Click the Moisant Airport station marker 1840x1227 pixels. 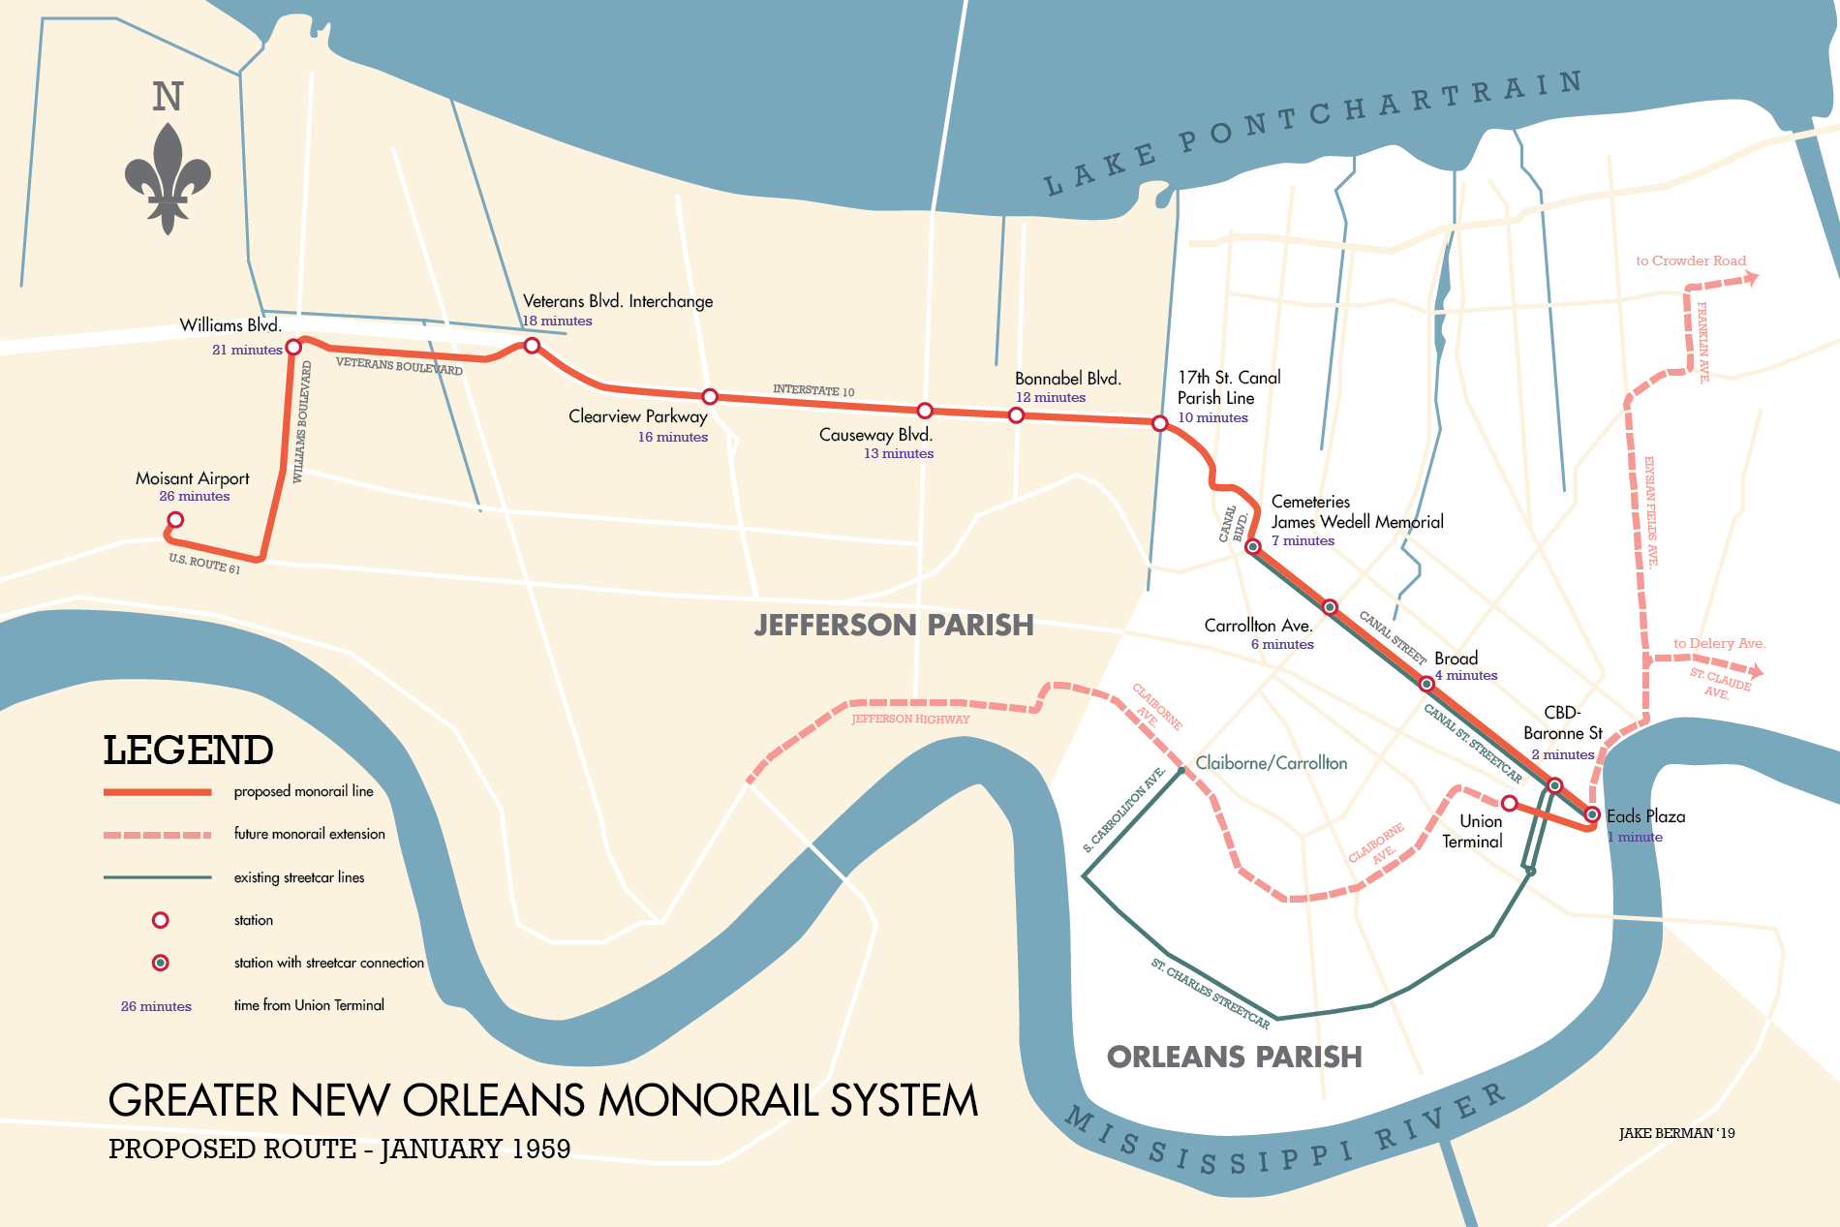point(175,520)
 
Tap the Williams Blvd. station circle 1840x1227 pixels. point(293,347)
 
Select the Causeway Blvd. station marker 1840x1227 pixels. point(925,411)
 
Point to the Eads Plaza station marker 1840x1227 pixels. point(1592,814)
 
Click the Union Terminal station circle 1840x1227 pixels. point(1509,803)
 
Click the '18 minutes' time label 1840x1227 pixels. point(557,322)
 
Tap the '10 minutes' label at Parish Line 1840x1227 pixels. point(1212,418)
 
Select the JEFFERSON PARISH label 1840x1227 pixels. point(894,625)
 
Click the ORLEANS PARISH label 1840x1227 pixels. point(1234,1057)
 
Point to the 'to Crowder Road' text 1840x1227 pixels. point(1690,261)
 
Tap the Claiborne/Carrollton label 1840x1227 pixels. point(1271,763)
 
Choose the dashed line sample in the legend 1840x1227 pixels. point(157,835)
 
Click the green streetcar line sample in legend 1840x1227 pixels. point(157,877)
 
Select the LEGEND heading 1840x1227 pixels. point(188,751)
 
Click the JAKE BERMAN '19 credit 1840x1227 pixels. point(1676,1133)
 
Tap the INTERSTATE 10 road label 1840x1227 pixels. point(813,390)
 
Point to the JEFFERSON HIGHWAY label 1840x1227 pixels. point(909,719)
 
